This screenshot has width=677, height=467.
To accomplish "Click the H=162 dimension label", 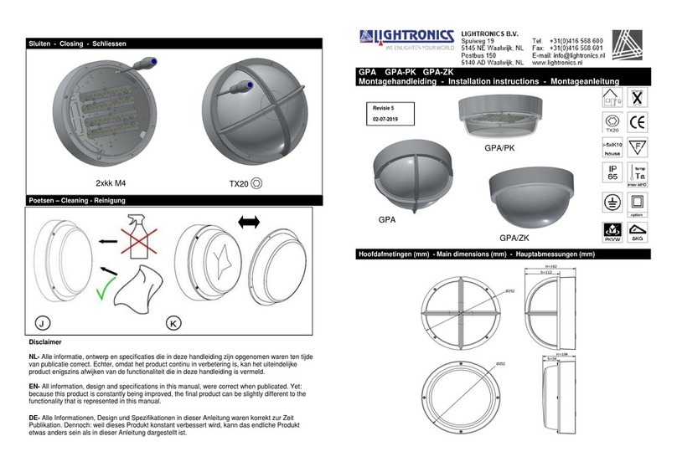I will (x=550, y=264).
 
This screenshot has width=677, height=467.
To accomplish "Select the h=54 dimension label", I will (x=550, y=359).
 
